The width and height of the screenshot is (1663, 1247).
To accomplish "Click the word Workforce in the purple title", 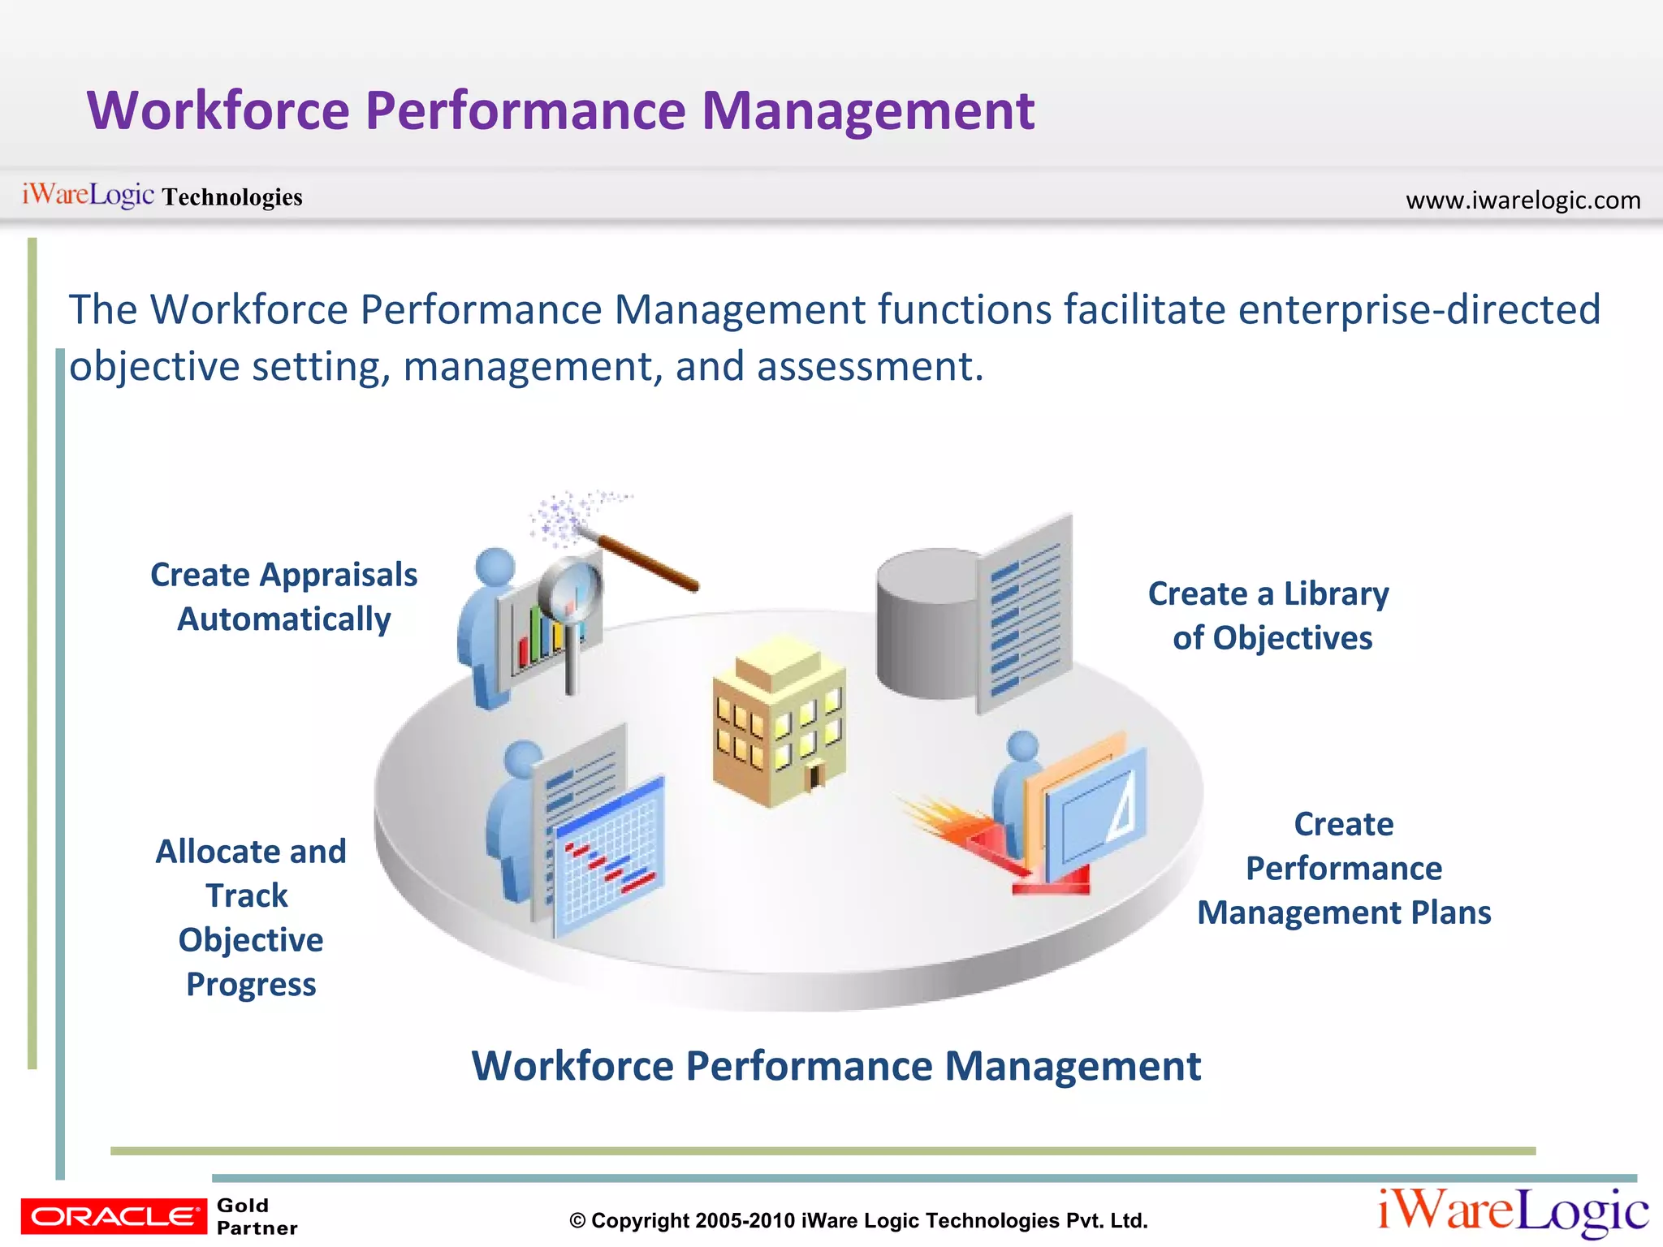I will point(218,110).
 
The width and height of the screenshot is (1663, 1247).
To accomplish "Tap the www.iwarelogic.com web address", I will point(1523,200).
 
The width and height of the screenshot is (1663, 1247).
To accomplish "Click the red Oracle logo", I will point(114,1216).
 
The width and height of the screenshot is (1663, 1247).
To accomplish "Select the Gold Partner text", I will point(257,1216).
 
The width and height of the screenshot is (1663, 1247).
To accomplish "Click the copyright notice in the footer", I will point(858,1220).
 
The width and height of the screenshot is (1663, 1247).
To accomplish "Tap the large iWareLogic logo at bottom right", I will point(1513,1212).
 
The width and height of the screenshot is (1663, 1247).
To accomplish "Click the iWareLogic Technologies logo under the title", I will point(162,196).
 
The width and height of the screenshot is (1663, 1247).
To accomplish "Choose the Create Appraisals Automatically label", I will point(283,597).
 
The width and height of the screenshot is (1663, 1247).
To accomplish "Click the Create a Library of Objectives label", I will point(1269,615).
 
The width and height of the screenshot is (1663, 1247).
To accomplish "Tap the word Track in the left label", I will point(247,895).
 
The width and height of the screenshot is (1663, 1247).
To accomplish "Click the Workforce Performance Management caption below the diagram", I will point(836,1066).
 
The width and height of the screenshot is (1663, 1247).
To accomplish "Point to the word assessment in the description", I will point(870,366).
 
